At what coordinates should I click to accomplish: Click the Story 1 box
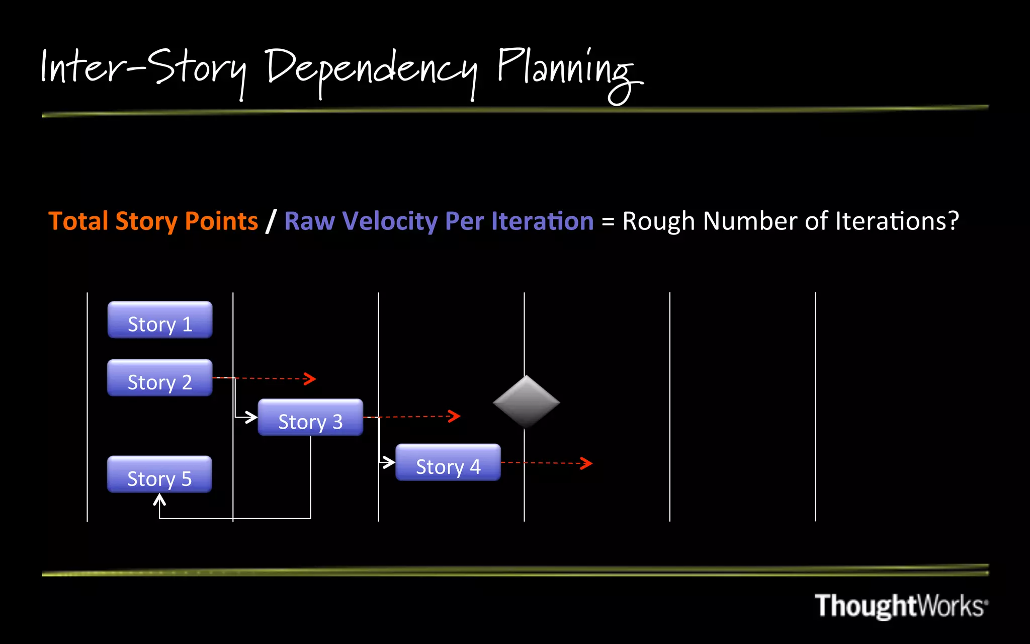coord(160,320)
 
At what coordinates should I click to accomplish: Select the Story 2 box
coord(160,378)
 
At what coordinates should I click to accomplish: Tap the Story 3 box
coord(310,418)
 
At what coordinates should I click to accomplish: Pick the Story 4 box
coord(448,462)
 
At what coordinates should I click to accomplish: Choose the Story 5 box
coord(159,474)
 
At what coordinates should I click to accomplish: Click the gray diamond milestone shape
coord(526,402)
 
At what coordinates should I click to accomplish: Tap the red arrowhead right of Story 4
coord(587,463)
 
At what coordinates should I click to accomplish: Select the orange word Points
coord(221,221)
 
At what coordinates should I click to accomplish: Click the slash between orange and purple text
coord(271,221)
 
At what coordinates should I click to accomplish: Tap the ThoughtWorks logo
coord(900,606)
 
